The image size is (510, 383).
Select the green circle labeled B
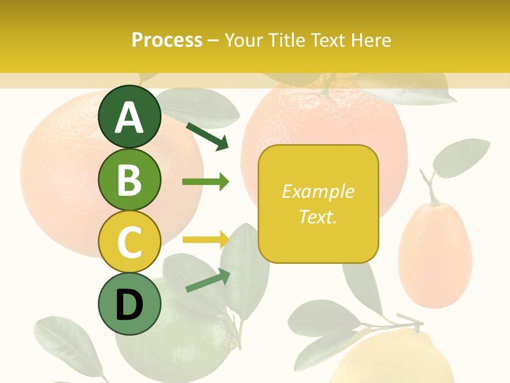click(130, 180)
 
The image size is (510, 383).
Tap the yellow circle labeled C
click(130, 242)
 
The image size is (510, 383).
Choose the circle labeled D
click(130, 304)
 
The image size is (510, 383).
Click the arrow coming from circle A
click(207, 136)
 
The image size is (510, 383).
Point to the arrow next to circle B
click(206, 182)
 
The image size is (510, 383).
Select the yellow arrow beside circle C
click(206, 240)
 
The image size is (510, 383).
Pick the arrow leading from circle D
click(208, 280)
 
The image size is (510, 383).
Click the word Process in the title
click(167, 40)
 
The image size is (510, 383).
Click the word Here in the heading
click(370, 40)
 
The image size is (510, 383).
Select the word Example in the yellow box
click(318, 191)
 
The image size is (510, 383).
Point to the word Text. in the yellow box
click(318, 217)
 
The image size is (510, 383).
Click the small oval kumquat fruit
click(435, 255)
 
